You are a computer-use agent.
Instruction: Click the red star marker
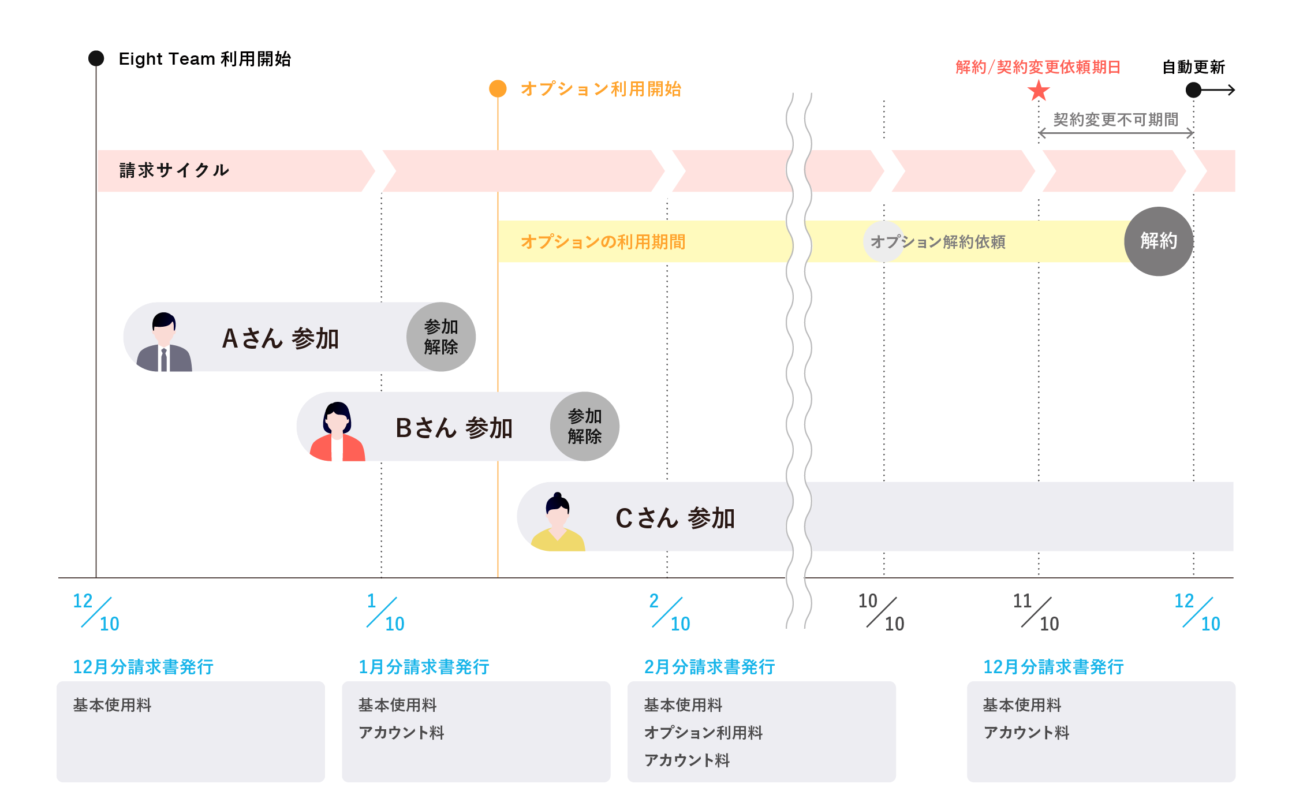(x=1039, y=91)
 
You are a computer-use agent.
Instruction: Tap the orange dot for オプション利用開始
(x=498, y=89)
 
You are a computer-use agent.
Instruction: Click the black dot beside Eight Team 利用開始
(x=96, y=58)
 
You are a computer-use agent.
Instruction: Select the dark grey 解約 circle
(x=1159, y=241)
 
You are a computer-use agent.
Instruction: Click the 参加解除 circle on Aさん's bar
(x=441, y=337)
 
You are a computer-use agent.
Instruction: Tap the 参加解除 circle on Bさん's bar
(x=585, y=426)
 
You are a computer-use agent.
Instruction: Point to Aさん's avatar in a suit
(x=164, y=342)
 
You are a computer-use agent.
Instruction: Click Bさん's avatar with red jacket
(x=337, y=431)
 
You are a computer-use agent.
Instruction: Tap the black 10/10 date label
(x=881, y=612)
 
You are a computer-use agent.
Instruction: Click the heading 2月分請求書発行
(x=710, y=667)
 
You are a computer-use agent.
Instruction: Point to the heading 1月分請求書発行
(x=424, y=667)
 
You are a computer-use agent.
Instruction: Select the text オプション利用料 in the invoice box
(x=703, y=733)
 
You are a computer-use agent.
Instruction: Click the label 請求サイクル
(x=174, y=170)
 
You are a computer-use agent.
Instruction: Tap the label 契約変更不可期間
(x=1115, y=120)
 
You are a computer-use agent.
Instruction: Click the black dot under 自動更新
(x=1193, y=90)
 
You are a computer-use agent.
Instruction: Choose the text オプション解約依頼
(x=938, y=241)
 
